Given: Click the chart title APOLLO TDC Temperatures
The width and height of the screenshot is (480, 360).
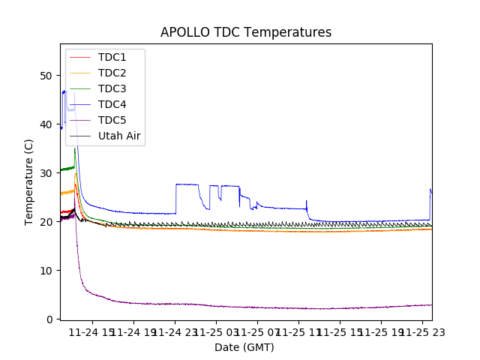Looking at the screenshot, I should pyautogui.click(x=245, y=32).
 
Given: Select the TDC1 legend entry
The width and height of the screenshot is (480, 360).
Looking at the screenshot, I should pyautogui.click(x=112, y=57).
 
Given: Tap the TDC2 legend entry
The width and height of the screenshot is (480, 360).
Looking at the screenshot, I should pyautogui.click(x=112, y=73).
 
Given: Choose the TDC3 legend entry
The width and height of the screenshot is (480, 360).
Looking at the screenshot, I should pyautogui.click(x=112, y=88).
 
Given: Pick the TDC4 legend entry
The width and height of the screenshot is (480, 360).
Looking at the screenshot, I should pyautogui.click(x=112, y=104).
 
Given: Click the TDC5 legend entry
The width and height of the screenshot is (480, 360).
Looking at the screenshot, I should pyautogui.click(x=112, y=120).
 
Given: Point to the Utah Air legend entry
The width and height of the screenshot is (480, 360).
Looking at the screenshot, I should pyautogui.click(x=119, y=136).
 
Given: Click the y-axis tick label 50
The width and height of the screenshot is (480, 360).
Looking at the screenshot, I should pyautogui.click(x=46, y=76).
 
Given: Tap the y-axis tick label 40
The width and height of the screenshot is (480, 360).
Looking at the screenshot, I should pyautogui.click(x=46, y=124).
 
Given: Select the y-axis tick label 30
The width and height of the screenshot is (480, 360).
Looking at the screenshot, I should pyautogui.click(x=46, y=173).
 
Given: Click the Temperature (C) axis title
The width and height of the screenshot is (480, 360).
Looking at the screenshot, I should pyautogui.click(x=29, y=182).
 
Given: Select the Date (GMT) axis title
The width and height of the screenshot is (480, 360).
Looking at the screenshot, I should pyautogui.click(x=244, y=347).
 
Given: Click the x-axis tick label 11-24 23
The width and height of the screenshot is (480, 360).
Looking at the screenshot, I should pyautogui.click(x=175, y=332).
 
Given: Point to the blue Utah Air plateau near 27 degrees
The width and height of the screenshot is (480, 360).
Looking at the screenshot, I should pyautogui.click(x=186, y=184).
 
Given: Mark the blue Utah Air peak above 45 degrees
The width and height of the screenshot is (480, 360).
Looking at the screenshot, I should pyautogui.click(x=64, y=91).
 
